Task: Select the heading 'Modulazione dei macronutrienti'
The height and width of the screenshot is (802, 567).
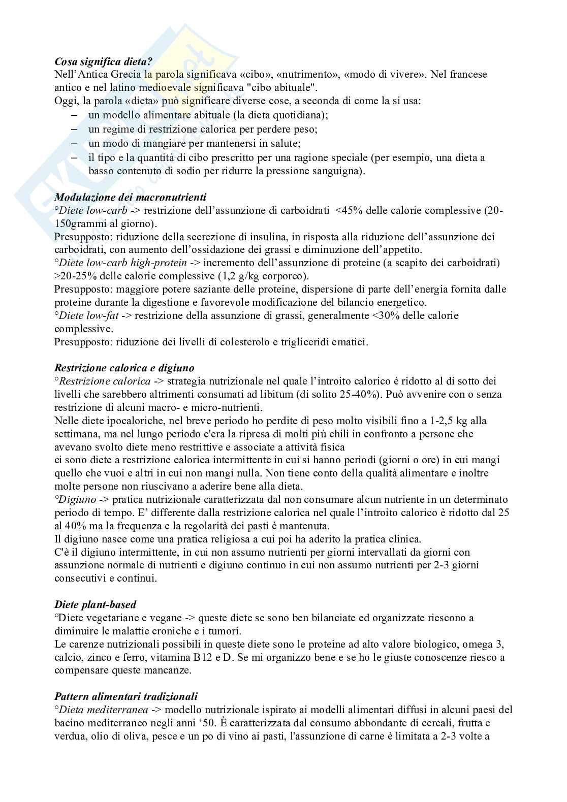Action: pos(131,197)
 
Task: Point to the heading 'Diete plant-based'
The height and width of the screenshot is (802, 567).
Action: pos(95,604)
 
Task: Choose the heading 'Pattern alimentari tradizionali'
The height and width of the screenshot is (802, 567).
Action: pos(126,696)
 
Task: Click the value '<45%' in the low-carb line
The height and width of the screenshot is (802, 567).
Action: pos(349,210)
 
